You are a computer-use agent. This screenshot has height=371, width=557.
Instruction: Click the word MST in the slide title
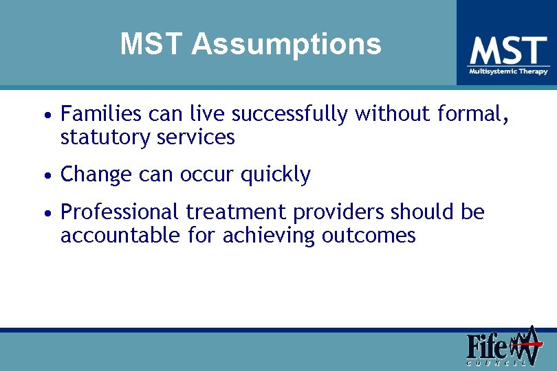153,45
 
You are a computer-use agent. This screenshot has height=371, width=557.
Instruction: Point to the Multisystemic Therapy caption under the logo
508,71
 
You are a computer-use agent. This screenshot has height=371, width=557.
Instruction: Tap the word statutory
104,137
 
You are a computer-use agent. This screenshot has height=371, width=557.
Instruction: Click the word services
195,137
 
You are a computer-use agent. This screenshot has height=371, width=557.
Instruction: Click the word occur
207,175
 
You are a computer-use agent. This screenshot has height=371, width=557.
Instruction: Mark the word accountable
121,236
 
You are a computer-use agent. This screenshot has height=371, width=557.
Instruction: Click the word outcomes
369,236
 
